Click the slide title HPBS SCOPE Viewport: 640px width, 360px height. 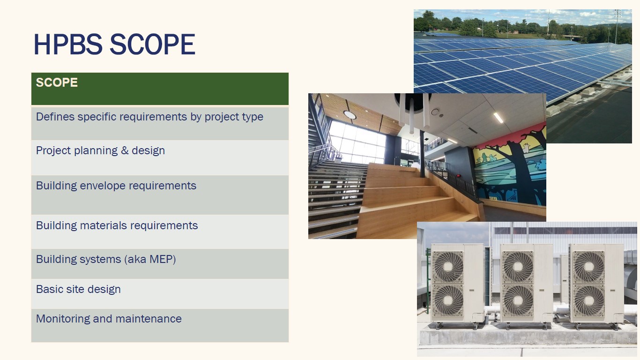point(115,44)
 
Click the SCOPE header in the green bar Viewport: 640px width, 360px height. point(57,82)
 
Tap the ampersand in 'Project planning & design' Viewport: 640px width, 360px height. point(125,150)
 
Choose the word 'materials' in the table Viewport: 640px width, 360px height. point(103,225)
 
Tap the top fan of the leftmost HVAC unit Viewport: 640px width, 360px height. point(448,267)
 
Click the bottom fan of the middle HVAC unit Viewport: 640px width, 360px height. point(518,300)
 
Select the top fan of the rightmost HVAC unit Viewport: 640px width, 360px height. point(588,267)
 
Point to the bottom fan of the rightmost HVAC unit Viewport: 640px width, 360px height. point(588,300)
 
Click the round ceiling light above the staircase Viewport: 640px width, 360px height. point(350,115)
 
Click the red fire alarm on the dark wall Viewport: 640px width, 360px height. point(459,176)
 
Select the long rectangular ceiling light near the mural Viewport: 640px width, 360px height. point(498,118)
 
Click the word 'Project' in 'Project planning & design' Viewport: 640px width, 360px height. point(53,150)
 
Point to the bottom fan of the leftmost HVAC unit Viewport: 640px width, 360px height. point(448,300)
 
